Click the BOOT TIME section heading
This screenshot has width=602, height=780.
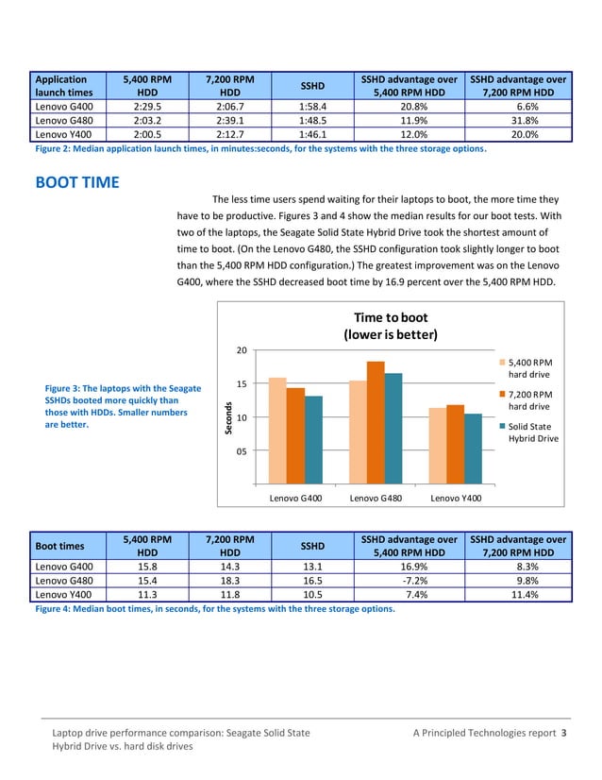click(76, 182)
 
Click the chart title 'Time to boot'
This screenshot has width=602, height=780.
click(390, 317)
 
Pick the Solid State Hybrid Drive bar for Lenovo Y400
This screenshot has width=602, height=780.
click(473, 448)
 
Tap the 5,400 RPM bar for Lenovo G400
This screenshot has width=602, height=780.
click(277, 431)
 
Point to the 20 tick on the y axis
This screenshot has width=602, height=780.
click(242, 350)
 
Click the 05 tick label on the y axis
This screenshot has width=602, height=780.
click(242, 451)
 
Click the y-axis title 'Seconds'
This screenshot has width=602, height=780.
click(227, 418)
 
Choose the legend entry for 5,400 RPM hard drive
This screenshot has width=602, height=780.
click(530, 368)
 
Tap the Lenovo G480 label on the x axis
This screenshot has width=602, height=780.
click(376, 497)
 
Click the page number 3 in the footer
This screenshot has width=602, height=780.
click(564, 734)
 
